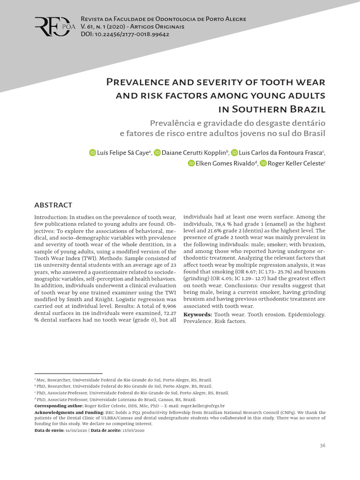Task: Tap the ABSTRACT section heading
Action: click(53, 205)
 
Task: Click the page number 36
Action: click(322, 445)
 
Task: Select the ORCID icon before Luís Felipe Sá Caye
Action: click(92, 153)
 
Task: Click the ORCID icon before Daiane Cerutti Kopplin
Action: click(157, 153)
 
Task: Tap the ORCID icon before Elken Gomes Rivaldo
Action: click(191, 163)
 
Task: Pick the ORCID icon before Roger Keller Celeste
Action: click(263, 163)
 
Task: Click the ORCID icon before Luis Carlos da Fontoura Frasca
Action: click(234, 153)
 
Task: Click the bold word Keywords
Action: click(197, 314)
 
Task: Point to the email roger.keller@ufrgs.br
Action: click(202, 405)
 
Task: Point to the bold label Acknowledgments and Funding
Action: click(69, 412)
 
